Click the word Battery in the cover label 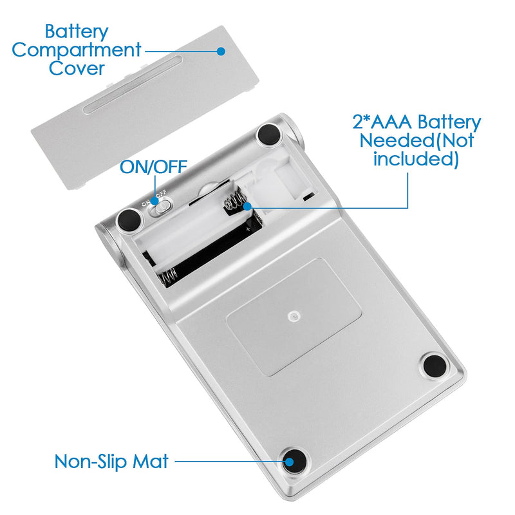pyautogui.click(x=77, y=32)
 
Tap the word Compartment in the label pyautogui.click(x=77, y=51)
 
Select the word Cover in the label pyautogui.click(x=77, y=68)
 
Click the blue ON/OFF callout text pyautogui.click(x=153, y=167)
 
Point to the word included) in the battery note pyautogui.click(x=416, y=160)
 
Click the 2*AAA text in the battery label pyautogui.click(x=382, y=122)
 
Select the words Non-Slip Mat pyautogui.click(x=111, y=462)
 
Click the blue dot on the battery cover pyautogui.click(x=221, y=51)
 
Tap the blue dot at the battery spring pyautogui.click(x=247, y=207)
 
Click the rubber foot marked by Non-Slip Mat pyautogui.click(x=294, y=462)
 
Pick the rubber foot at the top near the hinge pyautogui.click(x=269, y=134)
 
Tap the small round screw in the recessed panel pyautogui.click(x=294, y=317)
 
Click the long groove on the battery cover pyautogui.click(x=133, y=85)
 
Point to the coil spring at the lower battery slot pyautogui.click(x=168, y=276)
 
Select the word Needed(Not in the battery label pyautogui.click(x=417, y=140)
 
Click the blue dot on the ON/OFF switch pyautogui.click(x=154, y=201)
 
